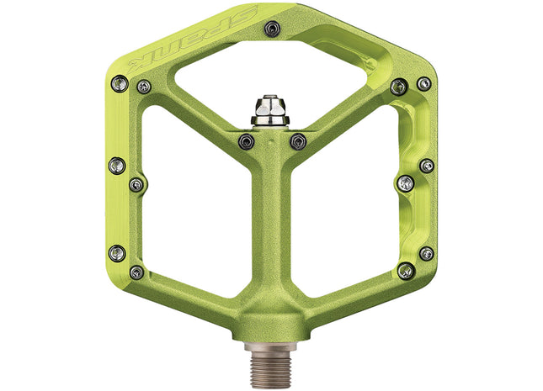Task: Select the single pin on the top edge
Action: pos(271,29)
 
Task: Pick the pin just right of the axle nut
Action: pos(297,141)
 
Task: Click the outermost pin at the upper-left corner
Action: pos(120,82)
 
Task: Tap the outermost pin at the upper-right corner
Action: pos(423,83)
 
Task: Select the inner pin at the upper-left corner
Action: pos(144,87)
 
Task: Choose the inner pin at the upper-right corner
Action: pos(399,86)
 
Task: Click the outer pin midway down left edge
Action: pos(117,165)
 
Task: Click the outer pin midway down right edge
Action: pos(427,166)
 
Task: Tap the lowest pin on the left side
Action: pos(136,272)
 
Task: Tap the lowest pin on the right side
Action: pos(406,270)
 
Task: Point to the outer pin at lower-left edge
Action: pos(117,252)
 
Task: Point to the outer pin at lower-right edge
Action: pos(427,253)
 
